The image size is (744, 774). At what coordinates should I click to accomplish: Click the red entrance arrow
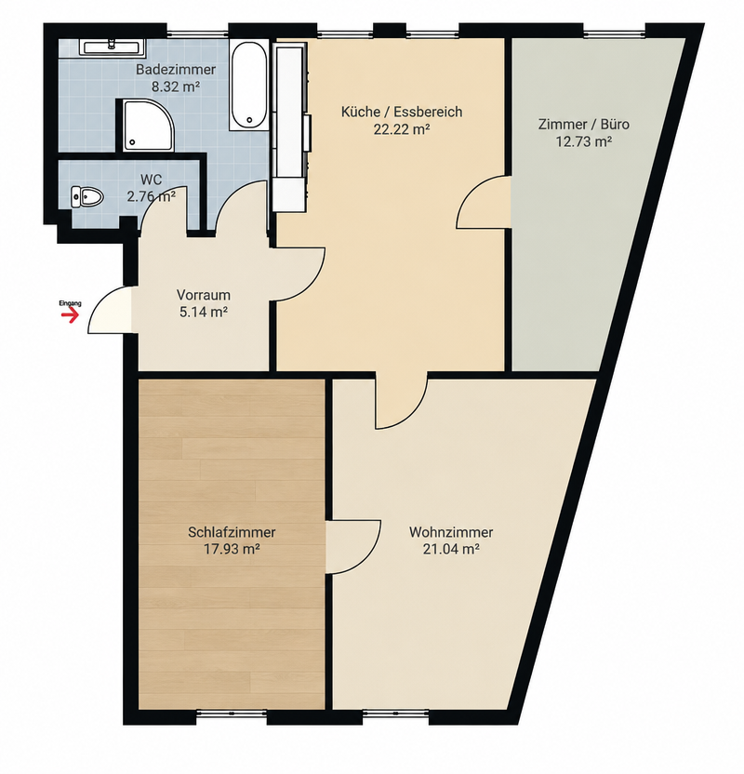click(72, 315)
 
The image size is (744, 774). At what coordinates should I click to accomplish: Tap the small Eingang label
click(70, 303)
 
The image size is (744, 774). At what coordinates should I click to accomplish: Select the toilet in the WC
click(86, 197)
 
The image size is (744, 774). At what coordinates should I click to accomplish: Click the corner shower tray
click(149, 126)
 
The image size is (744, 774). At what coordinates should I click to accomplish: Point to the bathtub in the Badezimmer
click(249, 86)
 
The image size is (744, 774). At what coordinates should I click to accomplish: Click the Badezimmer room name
click(176, 70)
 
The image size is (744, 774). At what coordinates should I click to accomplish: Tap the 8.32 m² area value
click(176, 87)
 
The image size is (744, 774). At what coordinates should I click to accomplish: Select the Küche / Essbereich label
click(402, 112)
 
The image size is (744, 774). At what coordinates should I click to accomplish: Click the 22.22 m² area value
click(402, 130)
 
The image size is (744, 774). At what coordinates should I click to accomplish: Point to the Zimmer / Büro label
click(584, 125)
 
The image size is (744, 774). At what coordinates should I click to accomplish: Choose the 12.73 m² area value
click(584, 142)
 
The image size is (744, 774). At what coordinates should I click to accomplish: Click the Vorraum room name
click(204, 295)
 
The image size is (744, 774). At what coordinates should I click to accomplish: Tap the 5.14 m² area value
click(204, 313)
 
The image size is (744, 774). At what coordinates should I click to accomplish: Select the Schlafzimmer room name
click(232, 532)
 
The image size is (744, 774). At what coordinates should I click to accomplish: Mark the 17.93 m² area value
click(232, 550)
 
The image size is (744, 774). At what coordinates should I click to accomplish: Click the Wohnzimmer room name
click(451, 532)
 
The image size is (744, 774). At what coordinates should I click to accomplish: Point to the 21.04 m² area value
click(451, 550)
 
